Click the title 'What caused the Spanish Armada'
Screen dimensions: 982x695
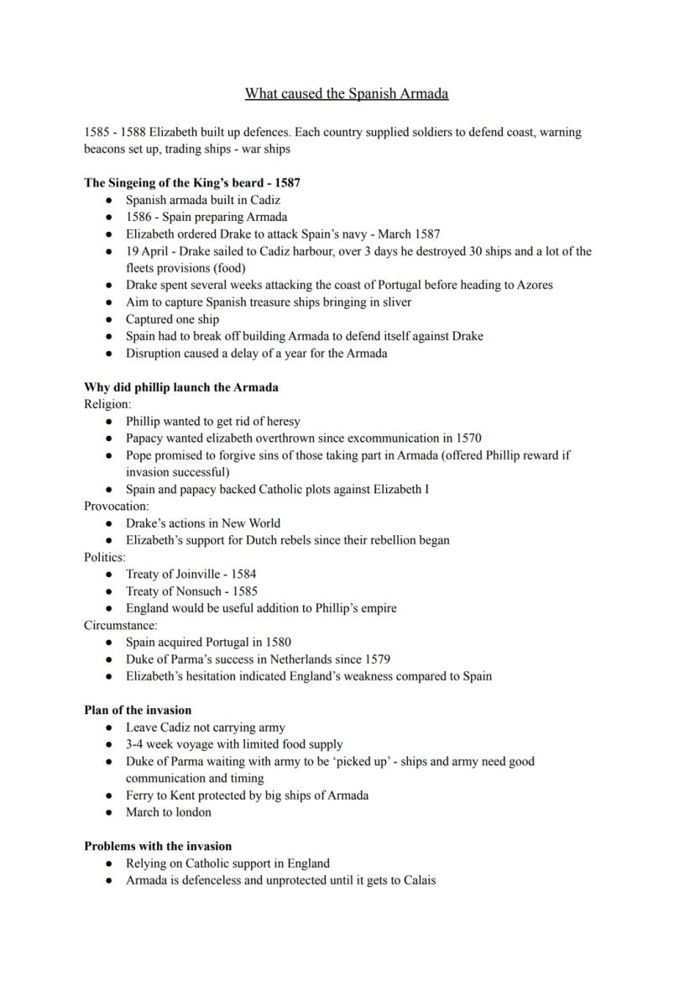346,93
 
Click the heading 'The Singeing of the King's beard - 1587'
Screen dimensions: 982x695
192,182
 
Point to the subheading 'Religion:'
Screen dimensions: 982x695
107,404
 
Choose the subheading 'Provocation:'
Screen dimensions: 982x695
117,506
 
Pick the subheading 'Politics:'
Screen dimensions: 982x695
105,557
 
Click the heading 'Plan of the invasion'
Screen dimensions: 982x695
138,710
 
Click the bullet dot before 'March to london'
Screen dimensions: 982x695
109,812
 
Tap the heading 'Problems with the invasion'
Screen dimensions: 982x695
158,846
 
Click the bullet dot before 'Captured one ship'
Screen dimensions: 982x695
109,319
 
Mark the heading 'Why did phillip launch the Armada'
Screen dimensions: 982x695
181,387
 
